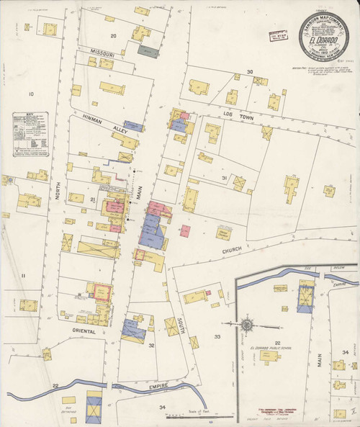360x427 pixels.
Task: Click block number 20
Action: tap(113, 35)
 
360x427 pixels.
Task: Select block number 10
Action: tap(31, 94)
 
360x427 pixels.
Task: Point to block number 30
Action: tap(250, 72)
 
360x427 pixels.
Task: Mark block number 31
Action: tap(225, 178)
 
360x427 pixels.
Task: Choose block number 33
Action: tap(217, 336)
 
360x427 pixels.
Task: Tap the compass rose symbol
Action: tap(246, 325)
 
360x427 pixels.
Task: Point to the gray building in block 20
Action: tap(148, 52)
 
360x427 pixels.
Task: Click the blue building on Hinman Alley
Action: tap(133, 125)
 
